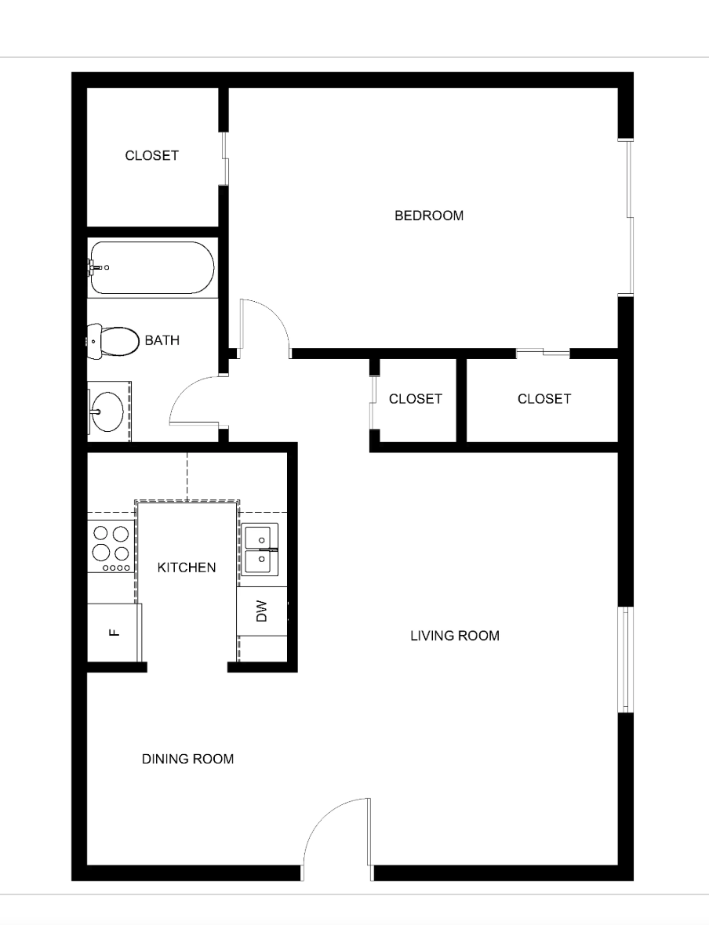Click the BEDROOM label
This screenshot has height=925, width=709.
point(428,216)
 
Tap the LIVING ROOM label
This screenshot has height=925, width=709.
point(455,636)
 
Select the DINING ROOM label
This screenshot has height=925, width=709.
point(187,760)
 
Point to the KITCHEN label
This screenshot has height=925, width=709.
point(187,568)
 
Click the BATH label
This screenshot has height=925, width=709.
point(162,340)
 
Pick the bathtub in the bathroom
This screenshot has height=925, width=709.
point(151,268)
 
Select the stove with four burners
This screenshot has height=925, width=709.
point(111,546)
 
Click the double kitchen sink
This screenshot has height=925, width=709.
point(259,550)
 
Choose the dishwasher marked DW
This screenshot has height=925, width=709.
point(261,611)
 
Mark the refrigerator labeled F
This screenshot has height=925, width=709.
point(115,633)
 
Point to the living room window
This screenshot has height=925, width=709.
point(626,659)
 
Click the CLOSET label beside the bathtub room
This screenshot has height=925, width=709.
point(151,156)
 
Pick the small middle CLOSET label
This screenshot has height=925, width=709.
point(415,399)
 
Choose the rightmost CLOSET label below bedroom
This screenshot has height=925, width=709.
point(544,399)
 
